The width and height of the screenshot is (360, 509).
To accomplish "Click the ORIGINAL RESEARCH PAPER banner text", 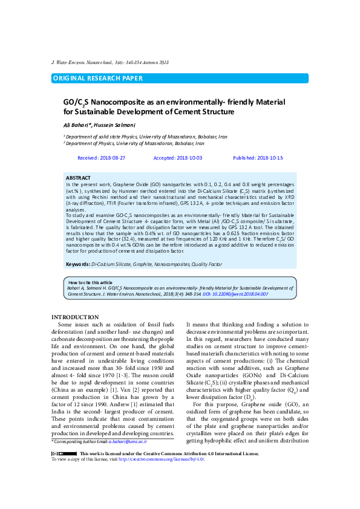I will click(98, 78).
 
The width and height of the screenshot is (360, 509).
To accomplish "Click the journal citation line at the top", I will click(110, 62).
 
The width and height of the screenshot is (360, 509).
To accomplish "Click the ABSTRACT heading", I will click(78, 177).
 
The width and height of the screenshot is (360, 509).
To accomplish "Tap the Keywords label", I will click(78, 264).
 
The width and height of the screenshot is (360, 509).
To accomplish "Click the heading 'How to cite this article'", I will click(90, 282).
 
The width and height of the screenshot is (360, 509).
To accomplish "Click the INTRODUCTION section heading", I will click(75, 317).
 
